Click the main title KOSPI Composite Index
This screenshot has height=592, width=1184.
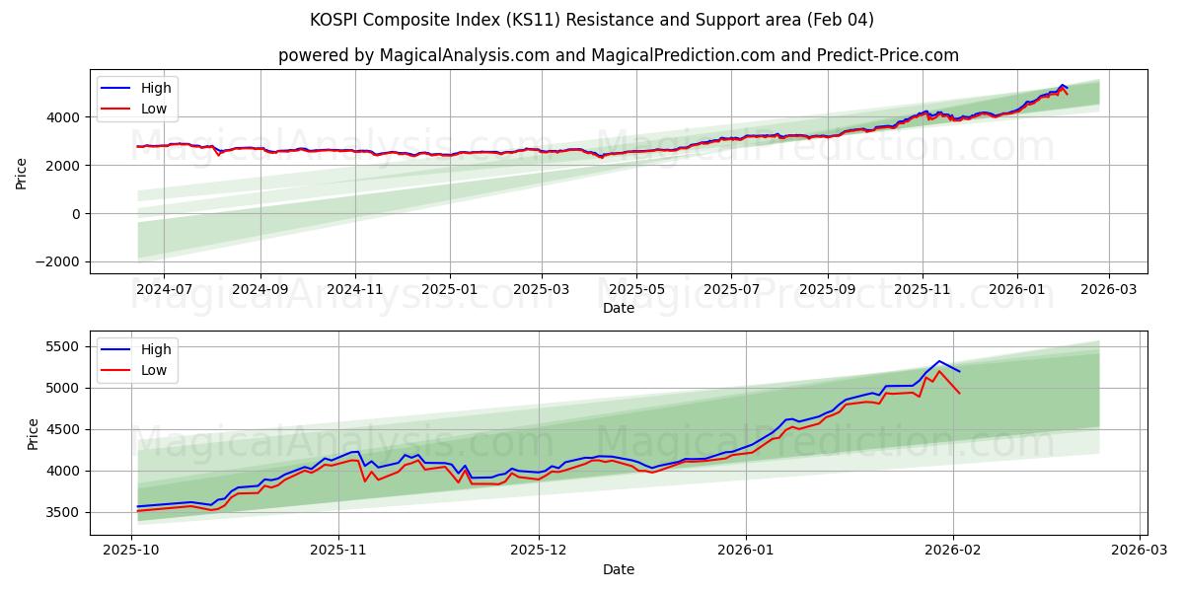tap(592, 20)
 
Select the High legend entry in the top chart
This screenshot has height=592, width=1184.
tap(155, 88)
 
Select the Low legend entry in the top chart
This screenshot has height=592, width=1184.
tap(154, 109)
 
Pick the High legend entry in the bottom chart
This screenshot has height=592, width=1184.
tap(155, 349)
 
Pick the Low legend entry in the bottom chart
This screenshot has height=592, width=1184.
tap(154, 370)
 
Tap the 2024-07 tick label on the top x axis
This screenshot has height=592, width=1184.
tap(164, 289)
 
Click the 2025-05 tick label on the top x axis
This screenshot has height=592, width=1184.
tap(636, 289)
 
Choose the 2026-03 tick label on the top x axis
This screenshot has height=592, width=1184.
tap(1109, 289)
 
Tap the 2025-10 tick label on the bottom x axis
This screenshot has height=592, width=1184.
tap(132, 551)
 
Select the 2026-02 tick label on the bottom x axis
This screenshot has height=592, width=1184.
tap(953, 551)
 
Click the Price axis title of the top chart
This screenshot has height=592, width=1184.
tap(22, 174)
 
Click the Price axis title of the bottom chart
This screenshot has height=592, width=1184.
tap(34, 433)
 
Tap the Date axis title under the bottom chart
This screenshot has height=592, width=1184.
tap(619, 569)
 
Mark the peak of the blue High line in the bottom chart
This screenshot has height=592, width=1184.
tap(939, 361)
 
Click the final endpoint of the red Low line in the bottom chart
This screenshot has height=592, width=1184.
tap(959, 393)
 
